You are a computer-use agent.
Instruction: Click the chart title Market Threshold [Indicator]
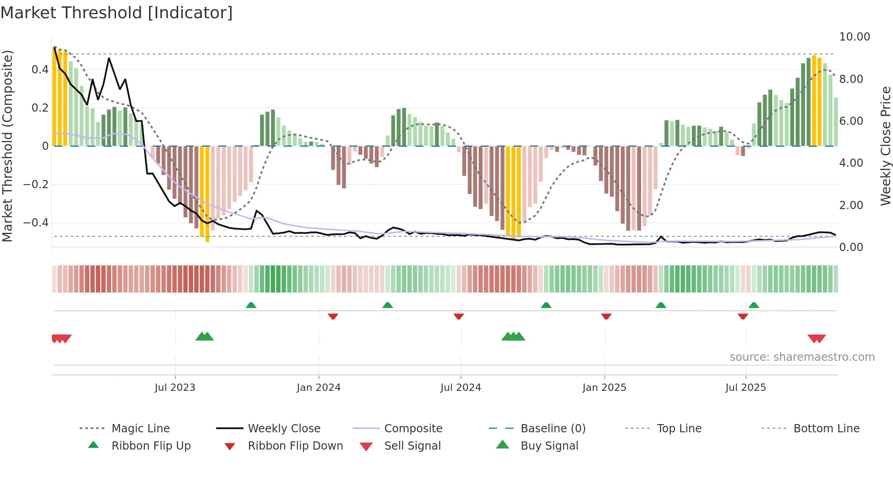point(117,13)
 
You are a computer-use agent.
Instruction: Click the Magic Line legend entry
point(140,428)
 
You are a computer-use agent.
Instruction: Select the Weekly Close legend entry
point(284,428)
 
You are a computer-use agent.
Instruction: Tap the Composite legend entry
point(413,428)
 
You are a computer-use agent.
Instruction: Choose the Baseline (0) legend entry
point(553,428)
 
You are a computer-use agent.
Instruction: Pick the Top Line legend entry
point(679,428)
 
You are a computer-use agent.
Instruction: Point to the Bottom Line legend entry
point(826,428)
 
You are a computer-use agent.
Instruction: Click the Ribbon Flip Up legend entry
point(151,446)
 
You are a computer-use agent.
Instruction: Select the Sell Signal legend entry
point(412,446)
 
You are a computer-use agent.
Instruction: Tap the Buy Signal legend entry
point(549,446)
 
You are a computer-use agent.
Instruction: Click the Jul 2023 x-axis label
point(175,388)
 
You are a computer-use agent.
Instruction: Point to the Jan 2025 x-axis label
point(604,388)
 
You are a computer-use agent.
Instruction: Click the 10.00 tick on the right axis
point(854,37)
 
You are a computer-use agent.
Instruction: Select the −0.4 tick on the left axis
point(36,223)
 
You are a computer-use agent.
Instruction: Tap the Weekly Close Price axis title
point(885,146)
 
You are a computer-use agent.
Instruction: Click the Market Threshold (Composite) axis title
point(7,146)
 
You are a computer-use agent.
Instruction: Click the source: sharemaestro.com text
point(802,357)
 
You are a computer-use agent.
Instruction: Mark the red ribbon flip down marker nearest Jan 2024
point(333,316)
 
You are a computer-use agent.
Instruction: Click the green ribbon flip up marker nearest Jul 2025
point(754,305)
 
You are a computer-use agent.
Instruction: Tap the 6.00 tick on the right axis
point(851,121)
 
